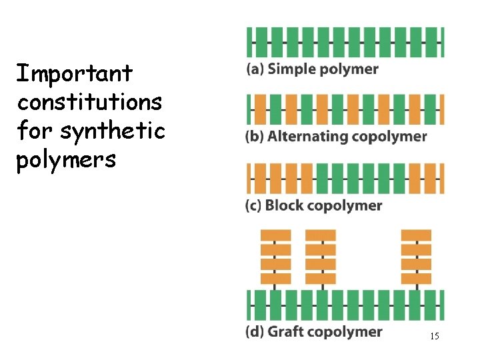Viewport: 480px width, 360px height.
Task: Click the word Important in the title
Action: click(x=75, y=73)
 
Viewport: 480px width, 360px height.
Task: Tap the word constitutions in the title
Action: click(x=90, y=102)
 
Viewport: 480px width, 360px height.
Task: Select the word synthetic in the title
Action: click(x=113, y=131)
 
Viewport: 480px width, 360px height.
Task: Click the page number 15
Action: click(x=434, y=337)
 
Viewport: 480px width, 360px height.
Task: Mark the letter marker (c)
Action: click(x=254, y=205)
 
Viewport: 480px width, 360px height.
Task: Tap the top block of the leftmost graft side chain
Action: click(x=275, y=235)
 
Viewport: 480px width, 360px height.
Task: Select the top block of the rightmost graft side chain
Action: click(x=416, y=235)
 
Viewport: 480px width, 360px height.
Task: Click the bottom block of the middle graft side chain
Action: click(x=321, y=279)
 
